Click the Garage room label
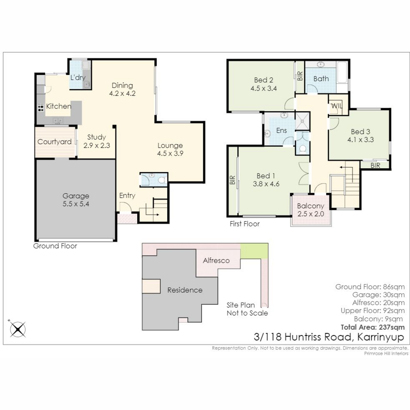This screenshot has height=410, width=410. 76,196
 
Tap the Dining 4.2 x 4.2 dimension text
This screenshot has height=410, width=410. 122,93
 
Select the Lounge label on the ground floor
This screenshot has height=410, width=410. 170,146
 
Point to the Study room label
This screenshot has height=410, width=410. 97,137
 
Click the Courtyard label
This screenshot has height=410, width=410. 54,142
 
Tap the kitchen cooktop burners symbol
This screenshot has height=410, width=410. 40,107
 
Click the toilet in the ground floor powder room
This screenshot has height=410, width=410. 162,180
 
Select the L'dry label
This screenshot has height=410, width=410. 78,78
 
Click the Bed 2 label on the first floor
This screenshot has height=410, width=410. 264,80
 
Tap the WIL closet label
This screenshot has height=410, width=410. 337,106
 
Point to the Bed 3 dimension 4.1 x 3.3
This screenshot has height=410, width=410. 361,140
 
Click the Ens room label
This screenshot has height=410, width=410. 282,131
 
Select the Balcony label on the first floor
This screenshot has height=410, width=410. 311,206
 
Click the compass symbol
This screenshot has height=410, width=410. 18,329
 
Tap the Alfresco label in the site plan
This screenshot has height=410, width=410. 216,260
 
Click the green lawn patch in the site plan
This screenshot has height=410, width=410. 254,251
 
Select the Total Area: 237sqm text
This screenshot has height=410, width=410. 373,327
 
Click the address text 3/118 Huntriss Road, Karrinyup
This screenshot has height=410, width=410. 329,337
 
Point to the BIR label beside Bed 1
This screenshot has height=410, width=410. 232,180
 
